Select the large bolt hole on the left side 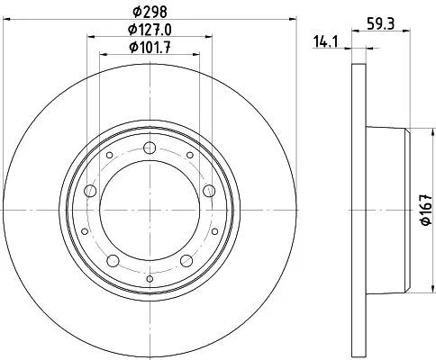[x=90, y=190]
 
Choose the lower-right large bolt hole [x=186, y=260]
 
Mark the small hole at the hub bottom [x=149, y=277]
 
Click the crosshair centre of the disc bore [x=149, y=210]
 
